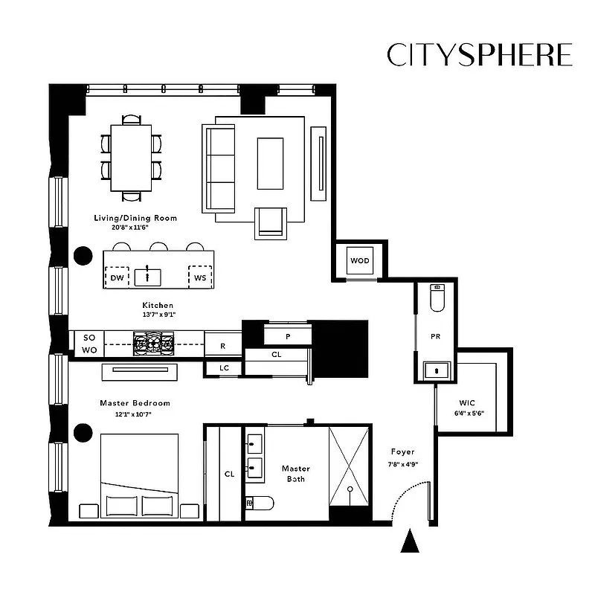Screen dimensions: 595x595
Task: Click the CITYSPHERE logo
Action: click(x=480, y=55)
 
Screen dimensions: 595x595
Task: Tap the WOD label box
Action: click(x=360, y=260)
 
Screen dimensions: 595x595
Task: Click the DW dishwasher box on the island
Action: click(x=117, y=277)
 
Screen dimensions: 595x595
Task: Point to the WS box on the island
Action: click(x=200, y=277)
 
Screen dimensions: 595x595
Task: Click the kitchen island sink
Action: click(x=148, y=277)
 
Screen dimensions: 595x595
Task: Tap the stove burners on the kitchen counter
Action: click(x=154, y=343)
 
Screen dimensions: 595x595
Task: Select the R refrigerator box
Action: click(x=223, y=345)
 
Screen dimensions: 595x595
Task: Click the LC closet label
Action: click(x=224, y=367)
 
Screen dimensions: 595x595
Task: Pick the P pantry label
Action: click(x=287, y=336)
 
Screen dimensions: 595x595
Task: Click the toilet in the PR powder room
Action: click(x=437, y=299)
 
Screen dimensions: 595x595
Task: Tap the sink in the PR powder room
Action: click(x=436, y=369)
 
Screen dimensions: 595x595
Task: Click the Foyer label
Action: click(x=402, y=451)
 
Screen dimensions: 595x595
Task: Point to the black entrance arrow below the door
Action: click(x=410, y=541)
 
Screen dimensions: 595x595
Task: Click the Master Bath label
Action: click(x=295, y=474)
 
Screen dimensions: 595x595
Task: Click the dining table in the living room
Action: click(x=132, y=157)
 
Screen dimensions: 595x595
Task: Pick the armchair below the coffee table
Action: click(x=271, y=222)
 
